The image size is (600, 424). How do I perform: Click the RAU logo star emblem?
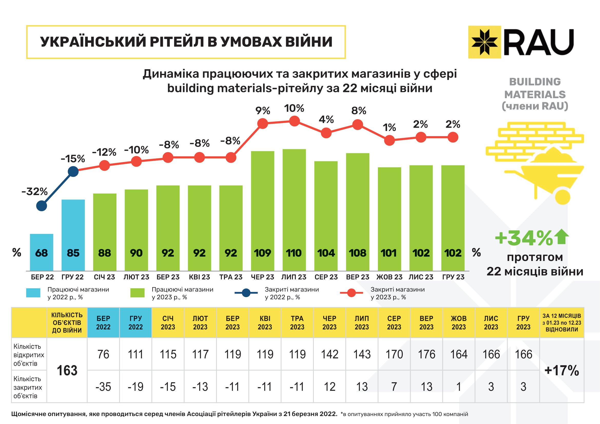click(484, 42)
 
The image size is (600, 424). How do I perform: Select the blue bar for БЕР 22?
click(42, 252)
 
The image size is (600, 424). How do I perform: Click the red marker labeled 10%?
click(294, 121)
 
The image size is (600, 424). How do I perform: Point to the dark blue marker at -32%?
click(42, 206)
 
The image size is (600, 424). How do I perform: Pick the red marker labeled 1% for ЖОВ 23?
click(389, 140)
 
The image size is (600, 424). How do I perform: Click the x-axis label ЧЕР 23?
click(262, 277)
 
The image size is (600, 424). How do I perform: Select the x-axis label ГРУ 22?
click(72, 277)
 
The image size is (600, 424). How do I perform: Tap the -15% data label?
click(73, 159)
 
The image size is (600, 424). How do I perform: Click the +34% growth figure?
click(524, 238)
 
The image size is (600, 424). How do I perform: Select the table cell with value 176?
click(427, 354)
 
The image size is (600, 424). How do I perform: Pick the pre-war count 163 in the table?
click(67, 370)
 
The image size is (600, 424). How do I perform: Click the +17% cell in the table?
click(562, 370)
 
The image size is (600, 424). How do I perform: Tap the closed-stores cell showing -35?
click(103, 387)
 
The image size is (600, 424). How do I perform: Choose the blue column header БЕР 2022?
click(103, 323)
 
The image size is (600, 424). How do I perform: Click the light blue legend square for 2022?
click(33, 293)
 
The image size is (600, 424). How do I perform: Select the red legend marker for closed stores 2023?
click(351, 293)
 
